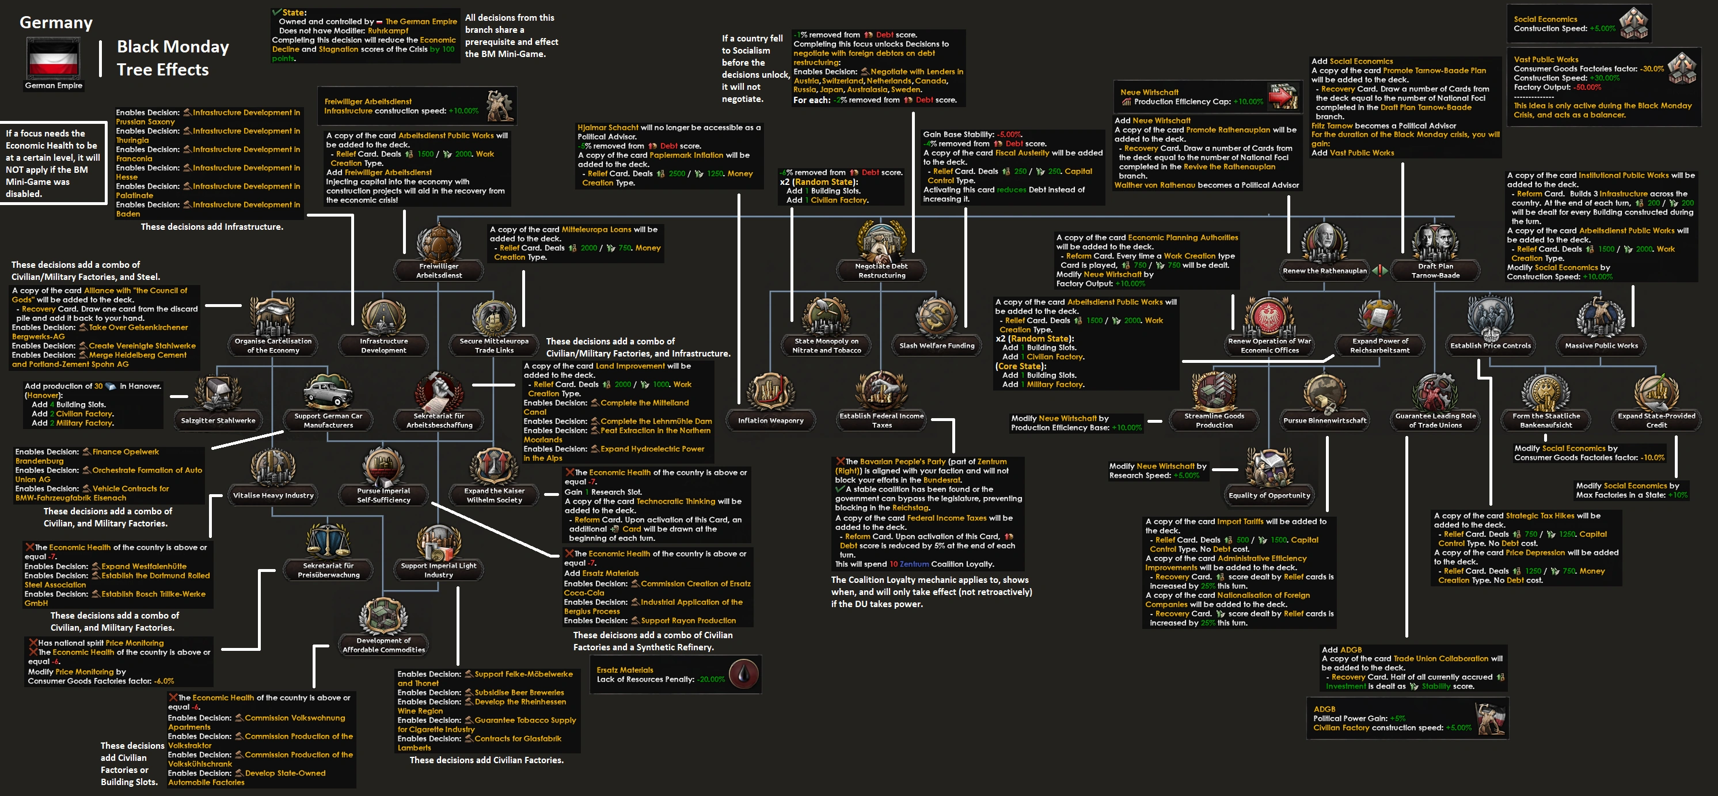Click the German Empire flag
[x=54, y=58]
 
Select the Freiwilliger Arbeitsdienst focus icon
[x=439, y=243]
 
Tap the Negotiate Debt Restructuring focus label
[x=881, y=270]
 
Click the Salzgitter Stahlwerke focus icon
[x=218, y=393]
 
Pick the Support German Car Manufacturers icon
[x=328, y=392]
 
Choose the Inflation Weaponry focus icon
[x=770, y=392]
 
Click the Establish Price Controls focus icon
[x=1490, y=317]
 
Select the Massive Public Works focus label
[x=1601, y=346]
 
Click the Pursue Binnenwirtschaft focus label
[x=1325, y=420]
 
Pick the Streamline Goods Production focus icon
[x=1214, y=392]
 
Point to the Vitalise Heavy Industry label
[x=273, y=495]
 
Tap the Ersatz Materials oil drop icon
[x=743, y=674]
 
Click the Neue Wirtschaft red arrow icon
[x=1281, y=97]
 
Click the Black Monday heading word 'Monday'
[x=198, y=47]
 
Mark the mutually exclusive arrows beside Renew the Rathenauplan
[x=1379, y=270]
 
